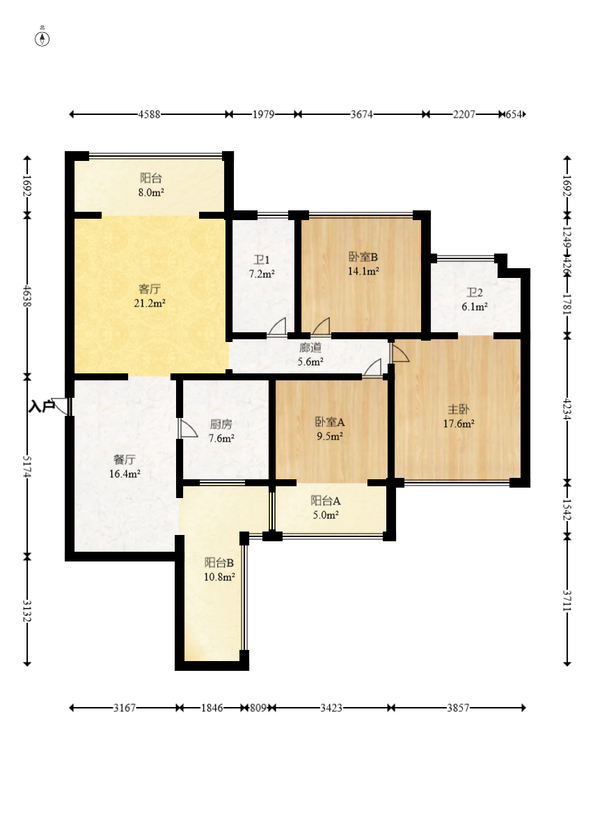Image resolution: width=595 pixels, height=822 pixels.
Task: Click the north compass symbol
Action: pos(42,38)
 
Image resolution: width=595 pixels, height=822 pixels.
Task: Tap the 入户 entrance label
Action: pos(41,406)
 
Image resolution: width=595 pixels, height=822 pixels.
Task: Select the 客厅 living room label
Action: pos(150,289)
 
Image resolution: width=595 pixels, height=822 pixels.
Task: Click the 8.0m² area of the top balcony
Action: pos(151,192)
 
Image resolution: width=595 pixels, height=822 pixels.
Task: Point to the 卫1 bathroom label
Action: pos(262,260)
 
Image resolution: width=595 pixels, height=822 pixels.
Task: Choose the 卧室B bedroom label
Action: pos(363,257)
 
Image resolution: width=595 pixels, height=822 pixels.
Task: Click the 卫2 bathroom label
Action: pos(475,293)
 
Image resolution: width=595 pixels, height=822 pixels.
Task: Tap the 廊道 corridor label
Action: pos(310,347)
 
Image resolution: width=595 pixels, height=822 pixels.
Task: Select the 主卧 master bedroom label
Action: pos(459,410)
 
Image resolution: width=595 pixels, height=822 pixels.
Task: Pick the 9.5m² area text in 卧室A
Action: pos(330,436)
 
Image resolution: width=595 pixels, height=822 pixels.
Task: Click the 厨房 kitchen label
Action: pos(221,424)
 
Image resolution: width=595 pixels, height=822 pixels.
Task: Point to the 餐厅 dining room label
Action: pos(125,460)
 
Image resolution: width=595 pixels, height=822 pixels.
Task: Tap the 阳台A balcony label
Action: pos(325,501)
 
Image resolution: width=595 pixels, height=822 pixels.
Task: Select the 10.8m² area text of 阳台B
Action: pos(219,577)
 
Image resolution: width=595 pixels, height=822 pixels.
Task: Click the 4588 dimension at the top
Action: pos(150,114)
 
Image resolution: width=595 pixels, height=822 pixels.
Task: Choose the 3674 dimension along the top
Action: pos(361,114)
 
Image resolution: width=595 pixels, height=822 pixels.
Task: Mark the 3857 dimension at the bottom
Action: pos(458,708)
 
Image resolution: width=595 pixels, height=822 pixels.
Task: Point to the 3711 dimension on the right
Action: pos(566,600)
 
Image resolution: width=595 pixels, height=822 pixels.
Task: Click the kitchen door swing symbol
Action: pos(187,428)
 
